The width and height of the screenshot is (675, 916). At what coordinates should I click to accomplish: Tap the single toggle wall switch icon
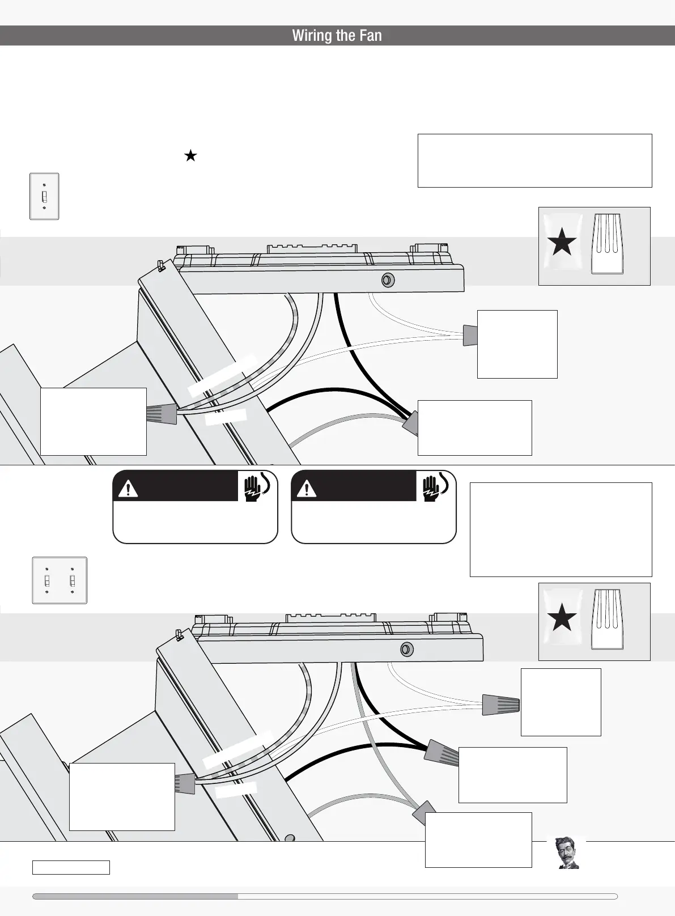pyautogui.click(x=44, y=196)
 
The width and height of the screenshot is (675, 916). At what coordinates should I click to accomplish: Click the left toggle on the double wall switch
pyautogui.click(x=47, y=580)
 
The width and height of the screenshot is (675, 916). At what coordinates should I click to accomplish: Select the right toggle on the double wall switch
pyautogui.click(x=72, y=580)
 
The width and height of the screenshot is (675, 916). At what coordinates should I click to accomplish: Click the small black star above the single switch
pyautogui.click(x=190, y=156)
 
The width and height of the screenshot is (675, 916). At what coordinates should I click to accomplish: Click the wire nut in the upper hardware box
pyautogui.click(x=607, y=244)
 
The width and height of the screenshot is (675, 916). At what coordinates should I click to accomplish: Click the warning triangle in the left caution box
pyautogui.click(x=129, y=489)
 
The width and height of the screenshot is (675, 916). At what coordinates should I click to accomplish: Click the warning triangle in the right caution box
pyautogui.click(x=307, y=489)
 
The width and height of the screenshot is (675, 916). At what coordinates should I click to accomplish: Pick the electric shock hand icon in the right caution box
pyautogui.click(x=435, y=486)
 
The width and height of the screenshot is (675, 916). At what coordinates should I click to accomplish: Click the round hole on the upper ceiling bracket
pyautogui.click(x=388, y=280)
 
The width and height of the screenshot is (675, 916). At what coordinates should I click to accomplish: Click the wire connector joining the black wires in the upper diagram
pyautogui.click(x=410, y=425)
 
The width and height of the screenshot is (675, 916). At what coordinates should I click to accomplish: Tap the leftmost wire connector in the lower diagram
pyautogui.click(x=185, y=783)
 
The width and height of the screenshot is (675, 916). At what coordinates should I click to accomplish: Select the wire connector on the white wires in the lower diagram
pyautogui.click(x=500, y=705)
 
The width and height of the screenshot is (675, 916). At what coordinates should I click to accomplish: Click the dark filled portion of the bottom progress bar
pyautogui.click(x=135, y=896)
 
